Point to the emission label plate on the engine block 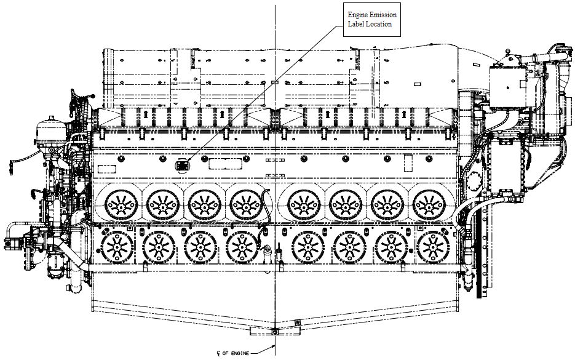[x=183, y=164]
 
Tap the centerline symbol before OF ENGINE [x=218, y=353]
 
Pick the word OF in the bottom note [x=226, y=353]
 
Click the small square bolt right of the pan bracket [x=297, y=322]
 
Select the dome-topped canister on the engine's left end [x=49, y=132]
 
